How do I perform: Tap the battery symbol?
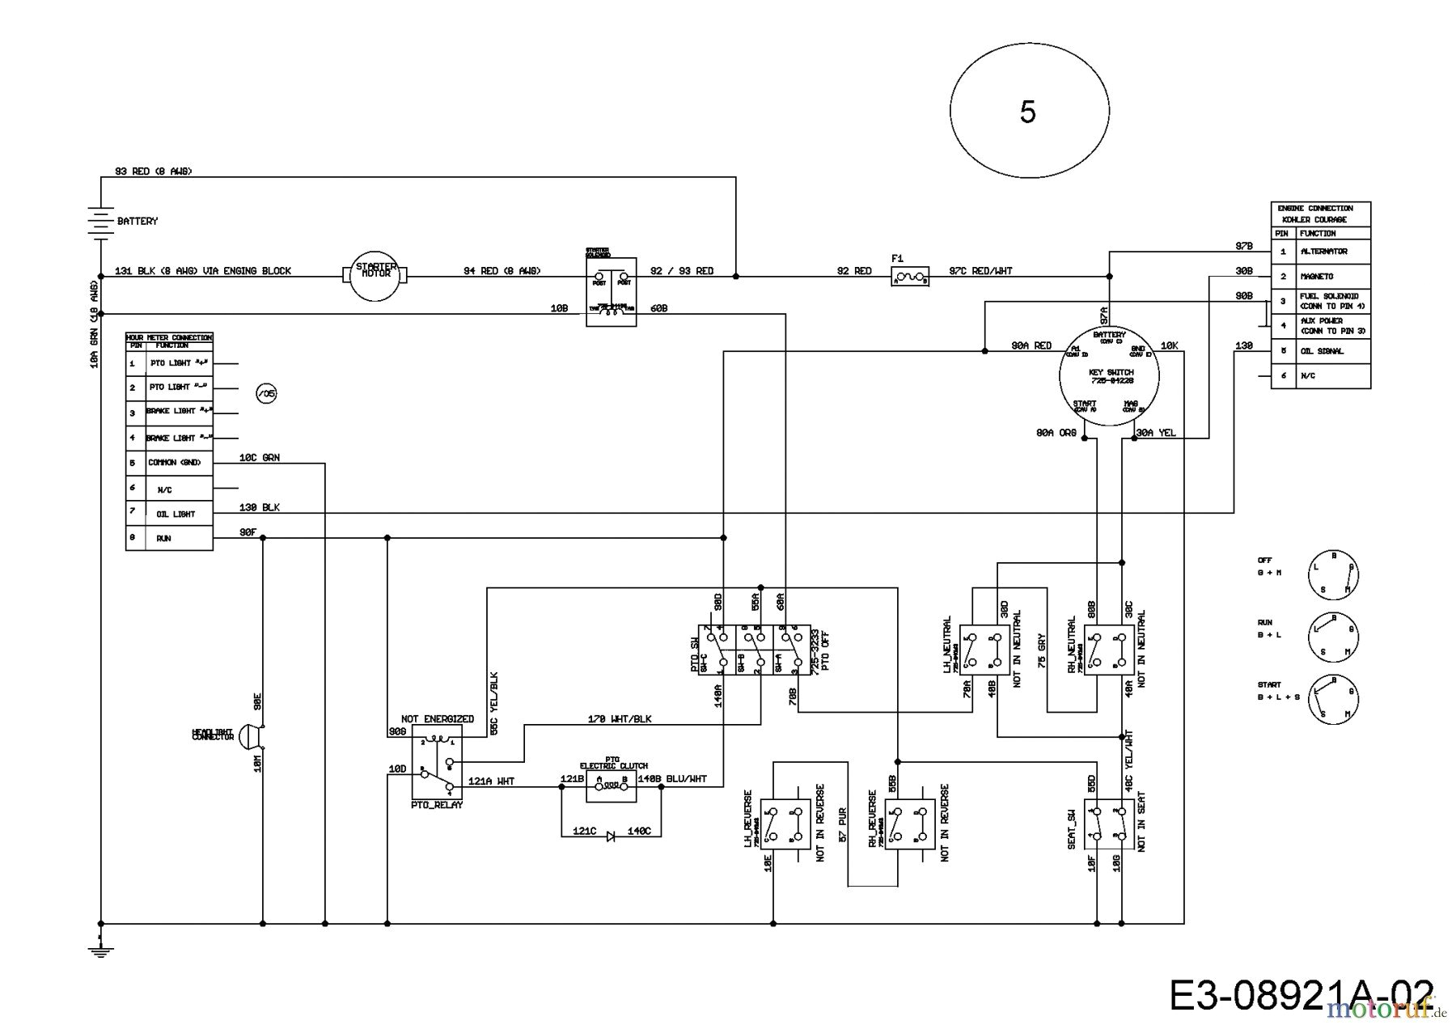click(99, 222)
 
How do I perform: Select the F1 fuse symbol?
click(909, 277)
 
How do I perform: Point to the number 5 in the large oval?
click(1027, 112)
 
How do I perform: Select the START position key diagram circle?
click(1333, 697)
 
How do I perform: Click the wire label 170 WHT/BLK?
click(620, 718)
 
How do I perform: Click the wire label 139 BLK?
click(260, 507)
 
